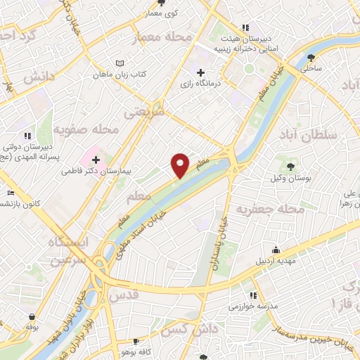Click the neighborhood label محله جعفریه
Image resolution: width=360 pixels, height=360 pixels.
point(270,209)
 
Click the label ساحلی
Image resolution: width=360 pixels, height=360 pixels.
point(310,69)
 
